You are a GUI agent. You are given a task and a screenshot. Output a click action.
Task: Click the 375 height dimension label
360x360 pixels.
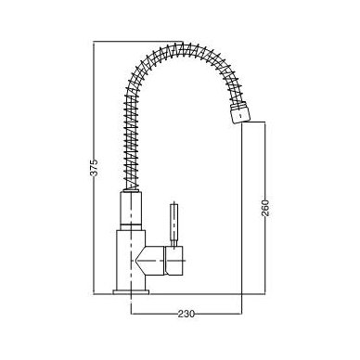coord(95,167)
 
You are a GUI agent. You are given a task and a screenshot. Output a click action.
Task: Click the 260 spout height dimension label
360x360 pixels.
coord(265,208)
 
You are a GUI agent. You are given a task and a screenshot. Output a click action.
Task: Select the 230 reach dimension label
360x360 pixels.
coord(186,314)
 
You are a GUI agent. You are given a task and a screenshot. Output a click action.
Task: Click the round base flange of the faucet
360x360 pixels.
coord(131,292)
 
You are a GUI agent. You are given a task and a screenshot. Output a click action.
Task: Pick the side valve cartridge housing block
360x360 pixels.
coord(174,261)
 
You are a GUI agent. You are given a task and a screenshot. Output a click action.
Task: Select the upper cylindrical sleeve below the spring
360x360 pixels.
coord(131,207)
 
